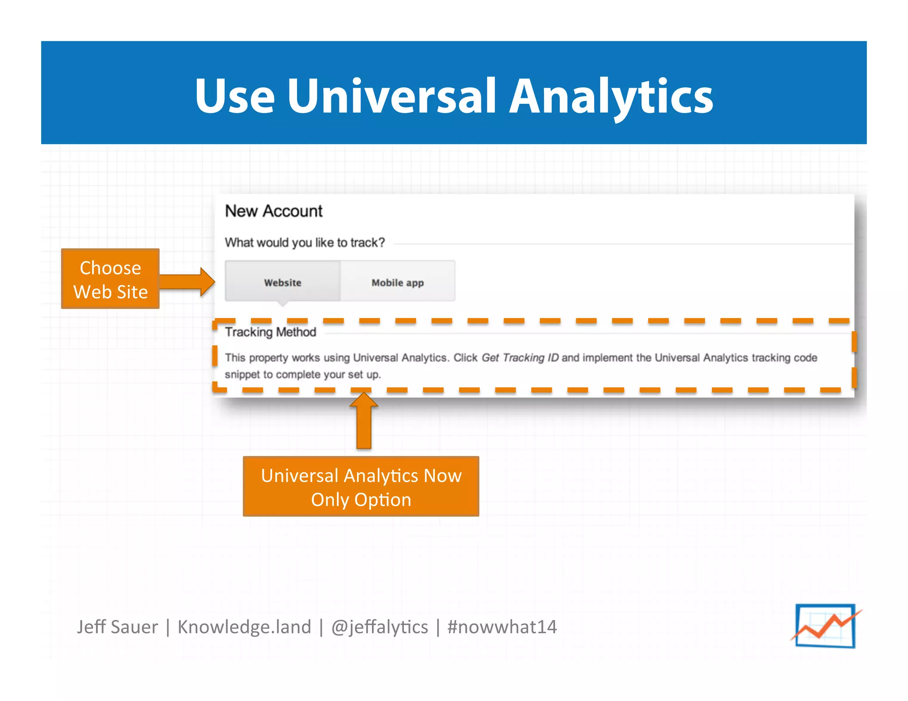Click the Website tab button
pos(282,282)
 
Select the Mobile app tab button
pos(397,282)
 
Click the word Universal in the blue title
pos(391,96)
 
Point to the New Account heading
pos(274,211)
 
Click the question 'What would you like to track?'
pos(305,242)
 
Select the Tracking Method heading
pos(270,332)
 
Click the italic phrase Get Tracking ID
pos(520,358)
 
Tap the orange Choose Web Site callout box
pos(110,279)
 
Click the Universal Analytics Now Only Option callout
pos(361,487)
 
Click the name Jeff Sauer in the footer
pos(117,627)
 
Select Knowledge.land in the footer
pos(244,627)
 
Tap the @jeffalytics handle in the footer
pos(380,627)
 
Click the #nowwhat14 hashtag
pos(502,627)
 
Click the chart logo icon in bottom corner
pos(825,626)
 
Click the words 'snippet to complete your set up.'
pos(303,374)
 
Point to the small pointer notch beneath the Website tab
pos(282,304)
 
